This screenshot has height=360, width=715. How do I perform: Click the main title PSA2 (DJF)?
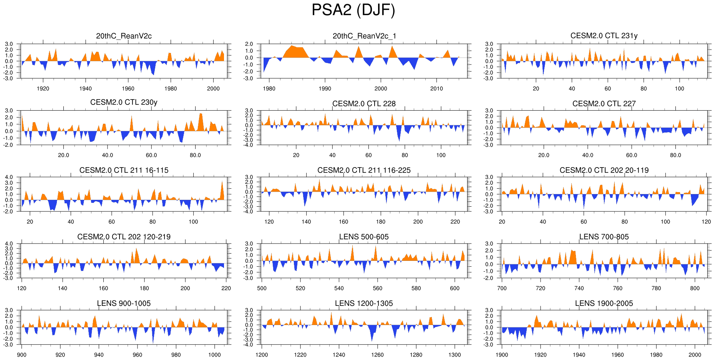click(x=353, y=10)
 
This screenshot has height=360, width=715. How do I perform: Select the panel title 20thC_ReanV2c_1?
click(x=364, y=36)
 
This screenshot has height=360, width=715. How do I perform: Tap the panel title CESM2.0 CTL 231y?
click(x=604, y=35)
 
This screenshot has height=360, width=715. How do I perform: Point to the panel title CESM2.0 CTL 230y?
click(x=124, y=102)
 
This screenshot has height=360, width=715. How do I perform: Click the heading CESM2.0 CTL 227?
click(x=604, y=103)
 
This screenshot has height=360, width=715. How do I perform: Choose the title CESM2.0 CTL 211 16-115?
click(x=124, y=170)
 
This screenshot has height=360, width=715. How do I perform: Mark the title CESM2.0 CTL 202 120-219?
click(x=124, y=237)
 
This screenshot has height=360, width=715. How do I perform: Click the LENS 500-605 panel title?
click(x=364, y=237)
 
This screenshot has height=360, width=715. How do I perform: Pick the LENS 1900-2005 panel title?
click(x=604, y=303)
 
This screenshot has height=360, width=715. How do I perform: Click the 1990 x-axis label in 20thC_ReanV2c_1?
click(x=325, y=88)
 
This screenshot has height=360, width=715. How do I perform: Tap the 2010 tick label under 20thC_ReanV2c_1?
click(x=436, y=88)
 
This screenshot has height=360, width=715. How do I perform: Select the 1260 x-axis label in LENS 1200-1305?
click(x=377, y=355)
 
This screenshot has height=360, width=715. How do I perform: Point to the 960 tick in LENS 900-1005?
click(x=137, y=355)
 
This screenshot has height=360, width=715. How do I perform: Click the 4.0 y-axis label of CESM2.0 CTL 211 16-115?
click(x=9, y=177)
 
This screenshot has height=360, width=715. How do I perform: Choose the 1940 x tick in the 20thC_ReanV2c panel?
click(x=85, y=88)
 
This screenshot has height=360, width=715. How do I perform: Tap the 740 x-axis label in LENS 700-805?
click(x=579, y=288)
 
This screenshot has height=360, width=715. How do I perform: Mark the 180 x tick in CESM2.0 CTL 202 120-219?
click(x=144, y=288)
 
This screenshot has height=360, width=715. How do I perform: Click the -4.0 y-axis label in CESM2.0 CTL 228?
click(x=249, y=145)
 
